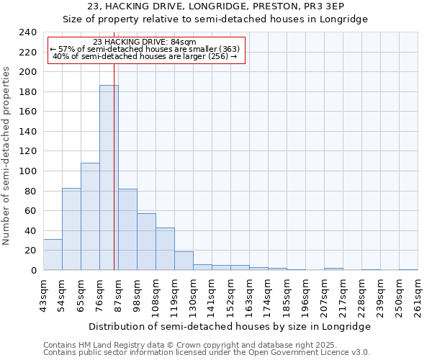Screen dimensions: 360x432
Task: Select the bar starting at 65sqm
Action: coord(90,216)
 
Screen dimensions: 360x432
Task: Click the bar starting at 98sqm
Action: coord(146,241)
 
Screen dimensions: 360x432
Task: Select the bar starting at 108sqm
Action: coord(165,248)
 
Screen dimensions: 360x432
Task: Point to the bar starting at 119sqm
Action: coord(184,261)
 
